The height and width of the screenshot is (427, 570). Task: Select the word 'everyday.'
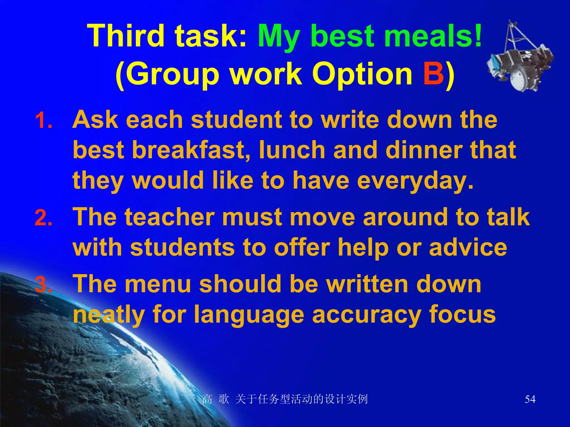pos(415,181)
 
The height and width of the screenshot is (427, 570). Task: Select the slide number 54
pos(530,399)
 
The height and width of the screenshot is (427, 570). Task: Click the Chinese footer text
pos(285,399)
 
